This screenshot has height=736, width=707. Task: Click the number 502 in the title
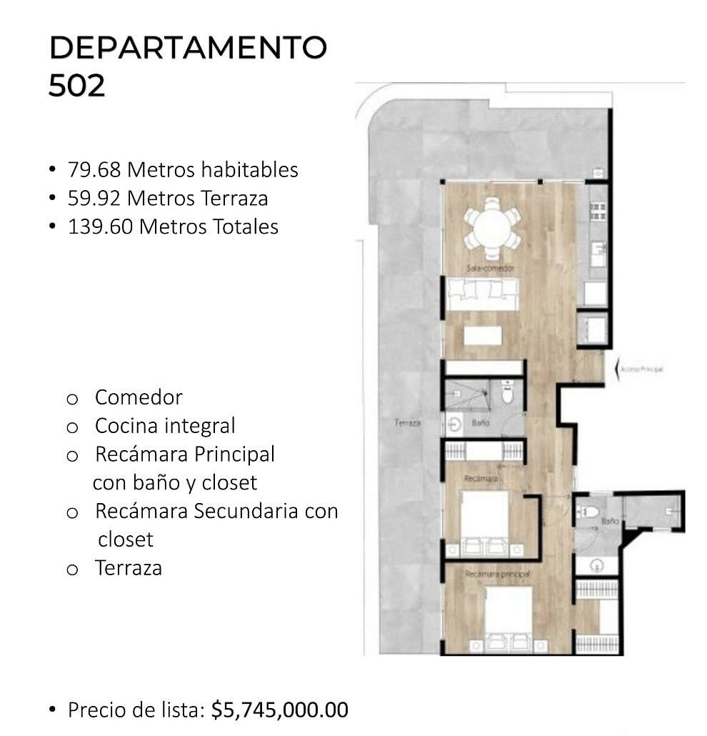pyautogui.click(x=76, y=86)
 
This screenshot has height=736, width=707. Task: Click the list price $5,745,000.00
pyautogui.click(x=280, y=710)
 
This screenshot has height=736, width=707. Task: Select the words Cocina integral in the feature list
pyautogui.click(x=165, y=426)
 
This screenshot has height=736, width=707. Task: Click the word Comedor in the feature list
pyautogui.click(x=139, y=397)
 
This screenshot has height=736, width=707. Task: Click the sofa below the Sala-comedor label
pyautogui.click(x=482, y=293)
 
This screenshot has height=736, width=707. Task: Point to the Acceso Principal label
pyautogui.click(x=642, y=369)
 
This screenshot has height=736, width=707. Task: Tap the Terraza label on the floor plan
pyautogui.click(x=408, y=423)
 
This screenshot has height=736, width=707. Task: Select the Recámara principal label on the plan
pyautogui.click(x=497, y=574)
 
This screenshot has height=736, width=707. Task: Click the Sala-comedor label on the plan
pyautogui.click(x=491, y=269)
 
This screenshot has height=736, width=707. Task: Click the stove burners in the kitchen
pyautogui.click(x=598, y=209)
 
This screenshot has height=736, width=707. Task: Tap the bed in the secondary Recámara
pyautogui.click(x=484, y=522)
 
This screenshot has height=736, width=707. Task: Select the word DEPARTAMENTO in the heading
pyautogui.click(x=188, y=48)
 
